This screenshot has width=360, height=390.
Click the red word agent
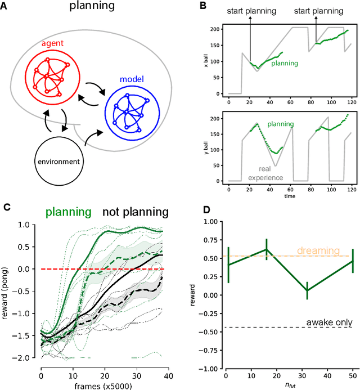click(49, 44)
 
